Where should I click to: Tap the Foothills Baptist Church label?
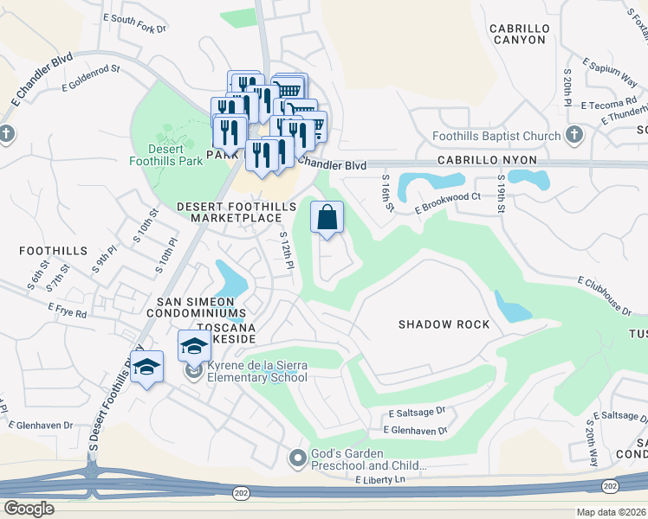[x=496, y=136]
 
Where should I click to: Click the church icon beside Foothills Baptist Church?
[x=573, y=135]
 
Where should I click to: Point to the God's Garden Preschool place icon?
[x=298, y=458]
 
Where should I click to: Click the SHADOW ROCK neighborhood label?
[x=444, y=324]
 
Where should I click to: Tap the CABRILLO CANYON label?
[x=518, y=34]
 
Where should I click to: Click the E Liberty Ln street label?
[x=379, y=480]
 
